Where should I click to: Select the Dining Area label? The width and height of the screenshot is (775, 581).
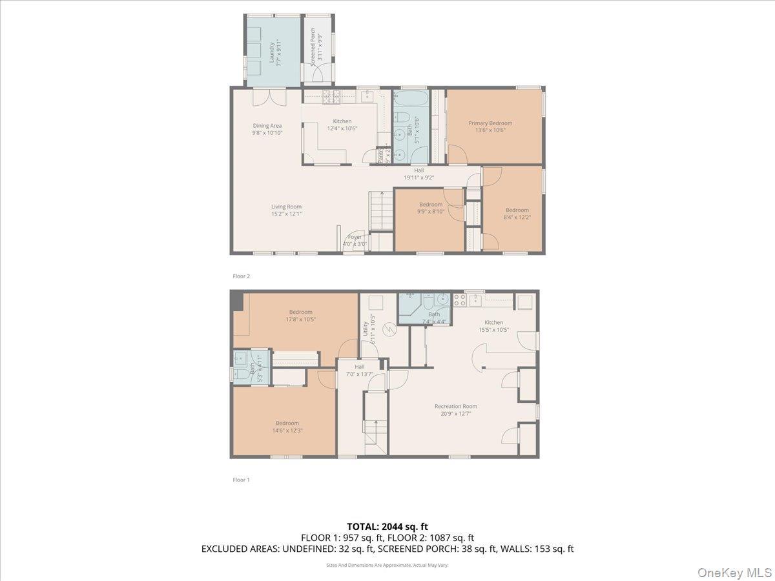point(267,129)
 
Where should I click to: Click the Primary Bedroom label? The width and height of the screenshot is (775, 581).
point(490,127)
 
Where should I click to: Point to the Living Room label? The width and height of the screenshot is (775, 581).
point(286,210)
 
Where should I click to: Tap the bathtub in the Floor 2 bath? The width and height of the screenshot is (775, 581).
point(409,99)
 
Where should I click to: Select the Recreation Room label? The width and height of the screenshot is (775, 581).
point(456,410)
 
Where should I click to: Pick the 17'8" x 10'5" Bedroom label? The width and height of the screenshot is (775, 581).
point(300,315)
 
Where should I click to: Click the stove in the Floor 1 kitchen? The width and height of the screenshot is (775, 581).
point(460,300)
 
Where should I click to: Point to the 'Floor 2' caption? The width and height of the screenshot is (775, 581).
point(241,276)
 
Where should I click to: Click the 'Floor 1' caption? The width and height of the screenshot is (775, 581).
point(241,480)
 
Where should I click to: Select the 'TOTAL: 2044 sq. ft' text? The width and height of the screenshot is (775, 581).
point(387,527)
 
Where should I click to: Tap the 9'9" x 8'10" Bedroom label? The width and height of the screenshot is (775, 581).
point(431,208)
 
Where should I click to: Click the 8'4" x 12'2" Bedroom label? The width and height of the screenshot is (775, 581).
point(517,213)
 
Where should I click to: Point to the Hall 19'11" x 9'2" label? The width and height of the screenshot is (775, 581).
point(419,174)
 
